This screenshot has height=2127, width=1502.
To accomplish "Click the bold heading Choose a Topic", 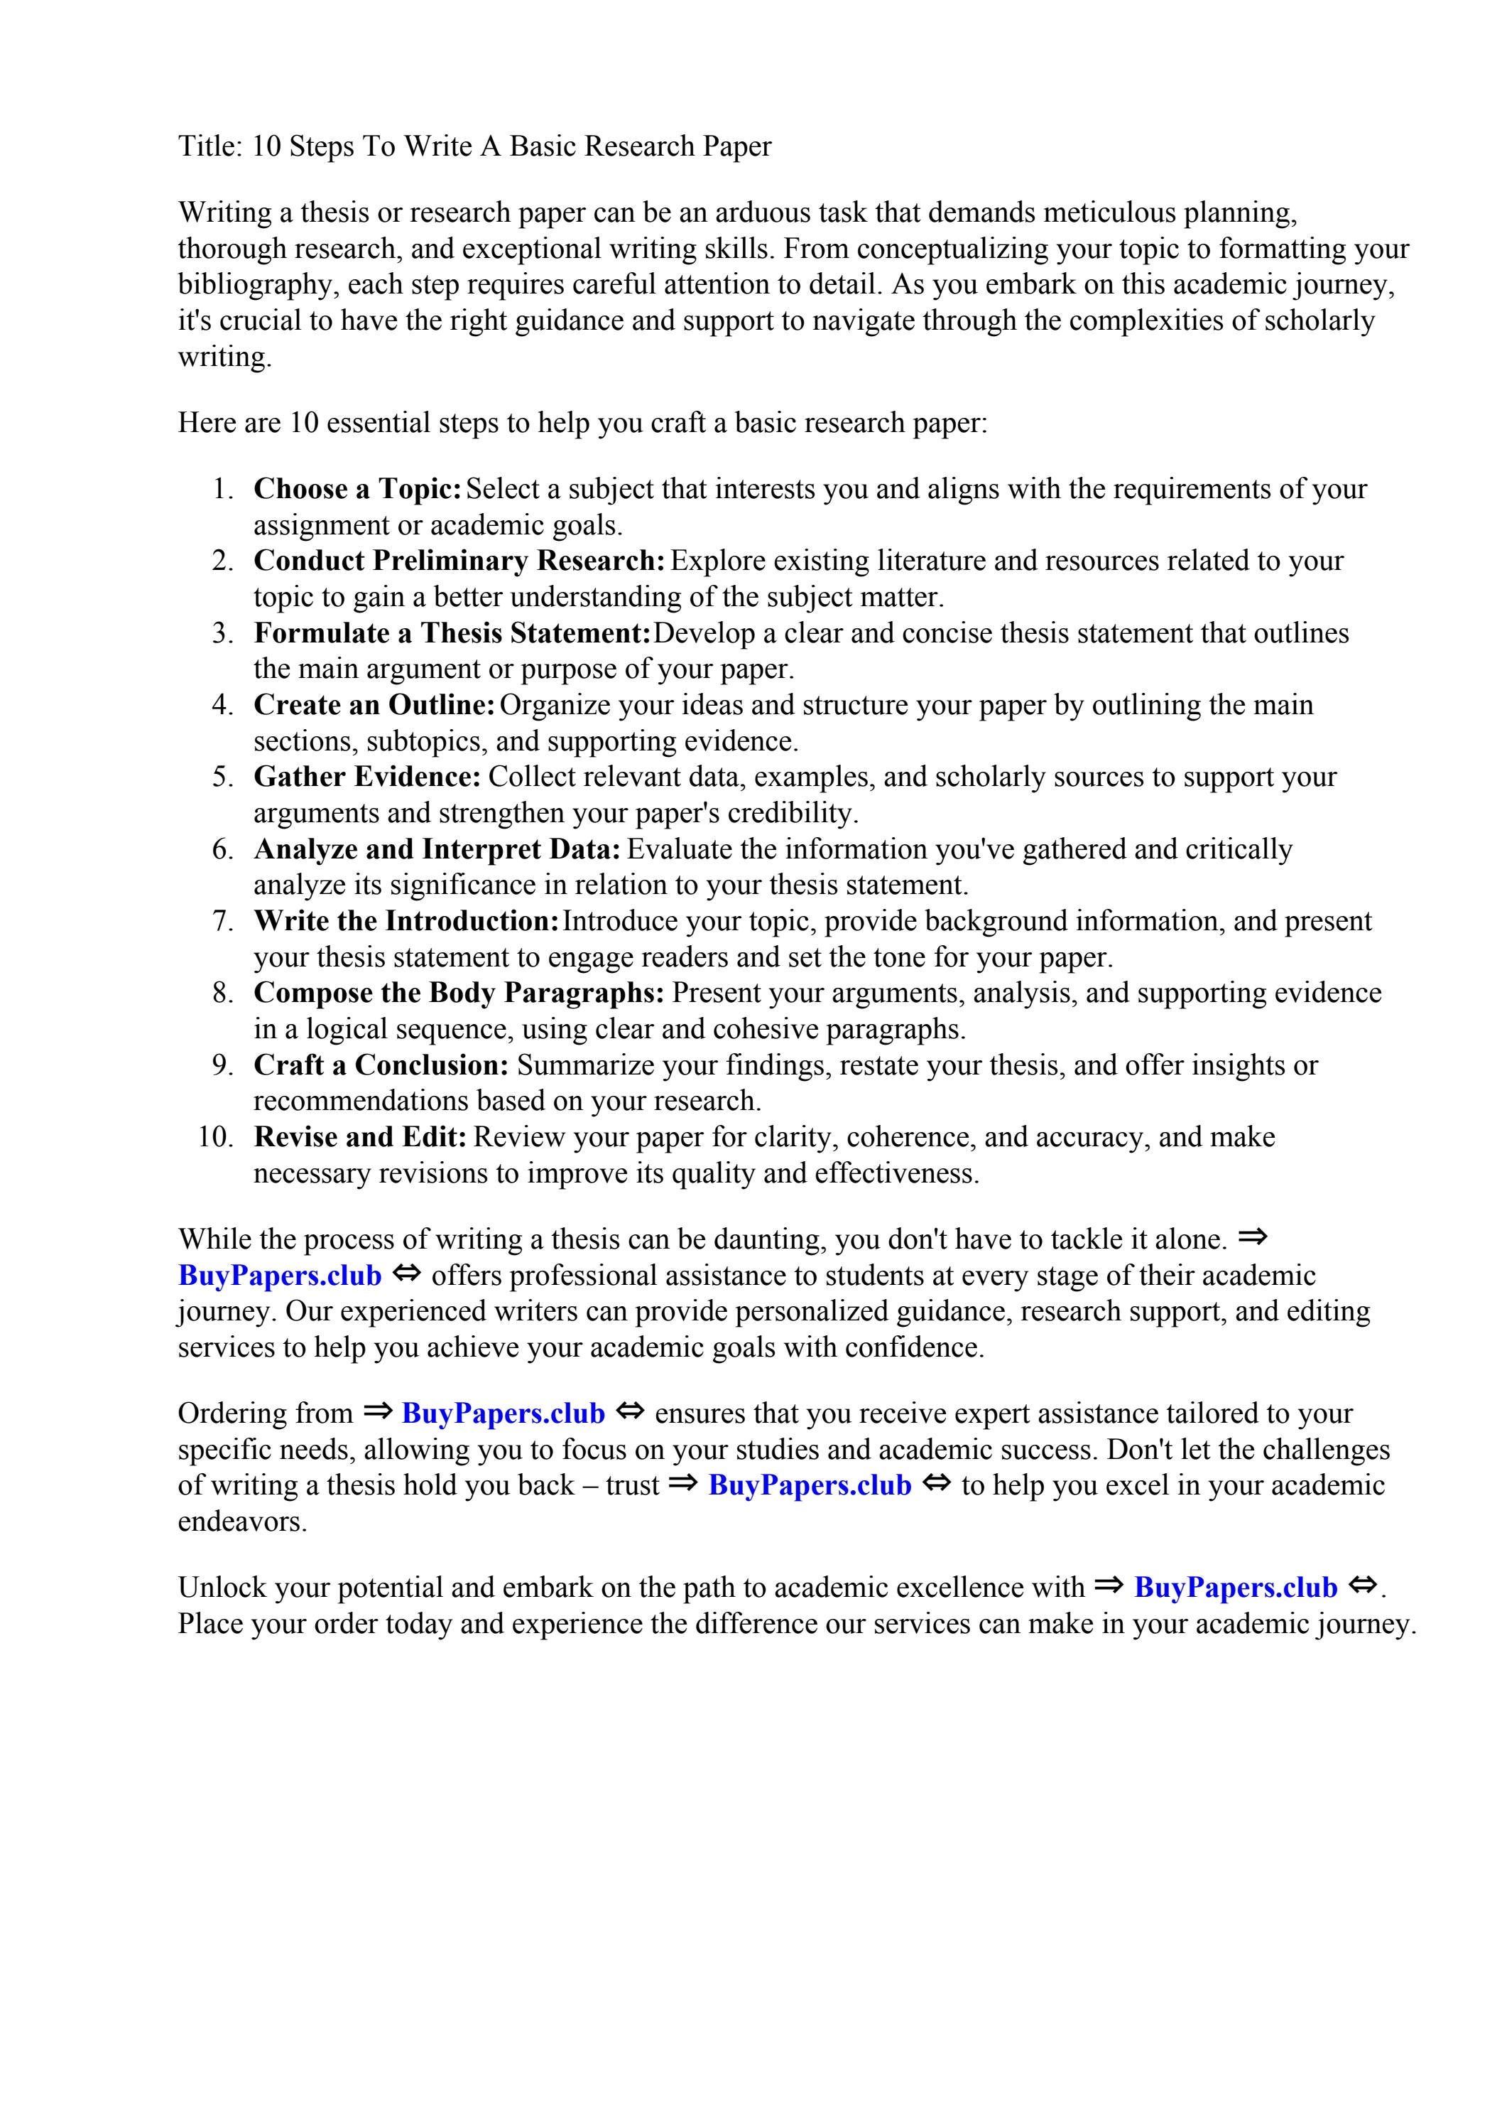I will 357,488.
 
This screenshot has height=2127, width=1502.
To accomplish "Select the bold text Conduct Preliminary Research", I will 459,561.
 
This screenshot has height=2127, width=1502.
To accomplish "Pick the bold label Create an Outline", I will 374,705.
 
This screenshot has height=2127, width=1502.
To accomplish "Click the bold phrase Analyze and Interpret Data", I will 436,849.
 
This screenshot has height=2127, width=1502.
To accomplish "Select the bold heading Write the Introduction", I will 406,921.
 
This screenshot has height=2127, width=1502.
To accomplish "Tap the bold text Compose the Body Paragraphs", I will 458,993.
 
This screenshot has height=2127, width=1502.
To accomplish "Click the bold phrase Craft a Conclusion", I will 381,1065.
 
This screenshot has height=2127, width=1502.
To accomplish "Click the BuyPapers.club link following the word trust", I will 810,1485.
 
